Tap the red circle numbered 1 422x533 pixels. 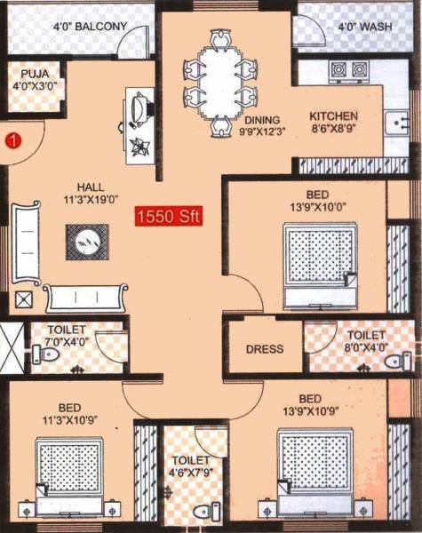point(13,139)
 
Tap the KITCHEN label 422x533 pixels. point(333,116)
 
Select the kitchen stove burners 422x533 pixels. point(348,69)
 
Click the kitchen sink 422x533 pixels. point(395,123)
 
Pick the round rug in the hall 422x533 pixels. point(87,240)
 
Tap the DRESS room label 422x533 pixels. point(264,349)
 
